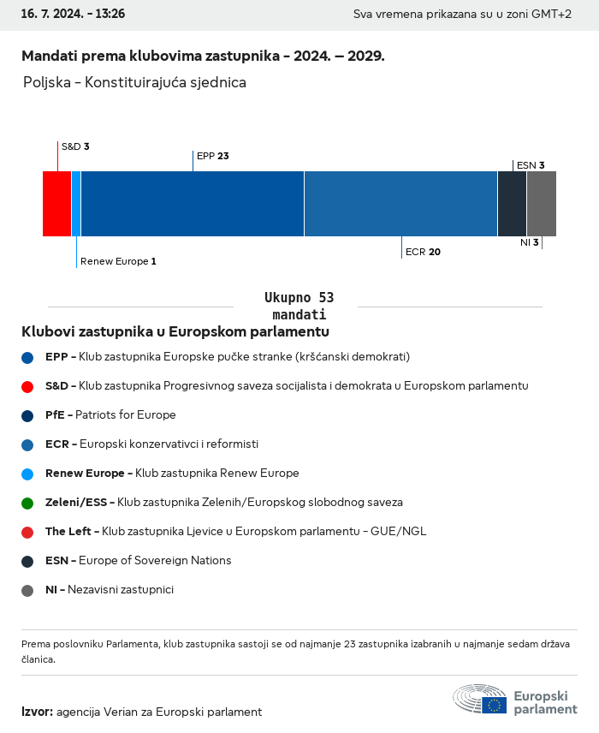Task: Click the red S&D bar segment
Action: [56, 204]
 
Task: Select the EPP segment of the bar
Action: [193, 204]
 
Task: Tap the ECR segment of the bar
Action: [400, 204]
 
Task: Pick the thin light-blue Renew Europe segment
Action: [76, 204]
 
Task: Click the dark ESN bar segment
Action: [512, 204]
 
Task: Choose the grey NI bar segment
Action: [542, 204]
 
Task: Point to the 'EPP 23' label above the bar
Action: [212, 156]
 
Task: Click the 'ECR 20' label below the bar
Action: [423, 252]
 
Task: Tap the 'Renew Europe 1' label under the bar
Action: [118, 261]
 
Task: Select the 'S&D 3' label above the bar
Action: [75, 146]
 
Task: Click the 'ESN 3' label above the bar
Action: [531, 165]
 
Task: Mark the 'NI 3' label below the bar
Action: [529, 242]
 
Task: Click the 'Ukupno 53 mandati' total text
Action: [299, 306]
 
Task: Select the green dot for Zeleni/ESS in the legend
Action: [27, 503]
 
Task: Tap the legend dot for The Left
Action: [27, 532]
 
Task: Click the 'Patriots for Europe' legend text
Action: [125, 415]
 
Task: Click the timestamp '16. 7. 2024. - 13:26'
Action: [73, 15]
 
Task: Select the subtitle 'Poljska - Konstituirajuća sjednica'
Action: [135, 83]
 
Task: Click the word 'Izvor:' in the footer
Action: [38, 712]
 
